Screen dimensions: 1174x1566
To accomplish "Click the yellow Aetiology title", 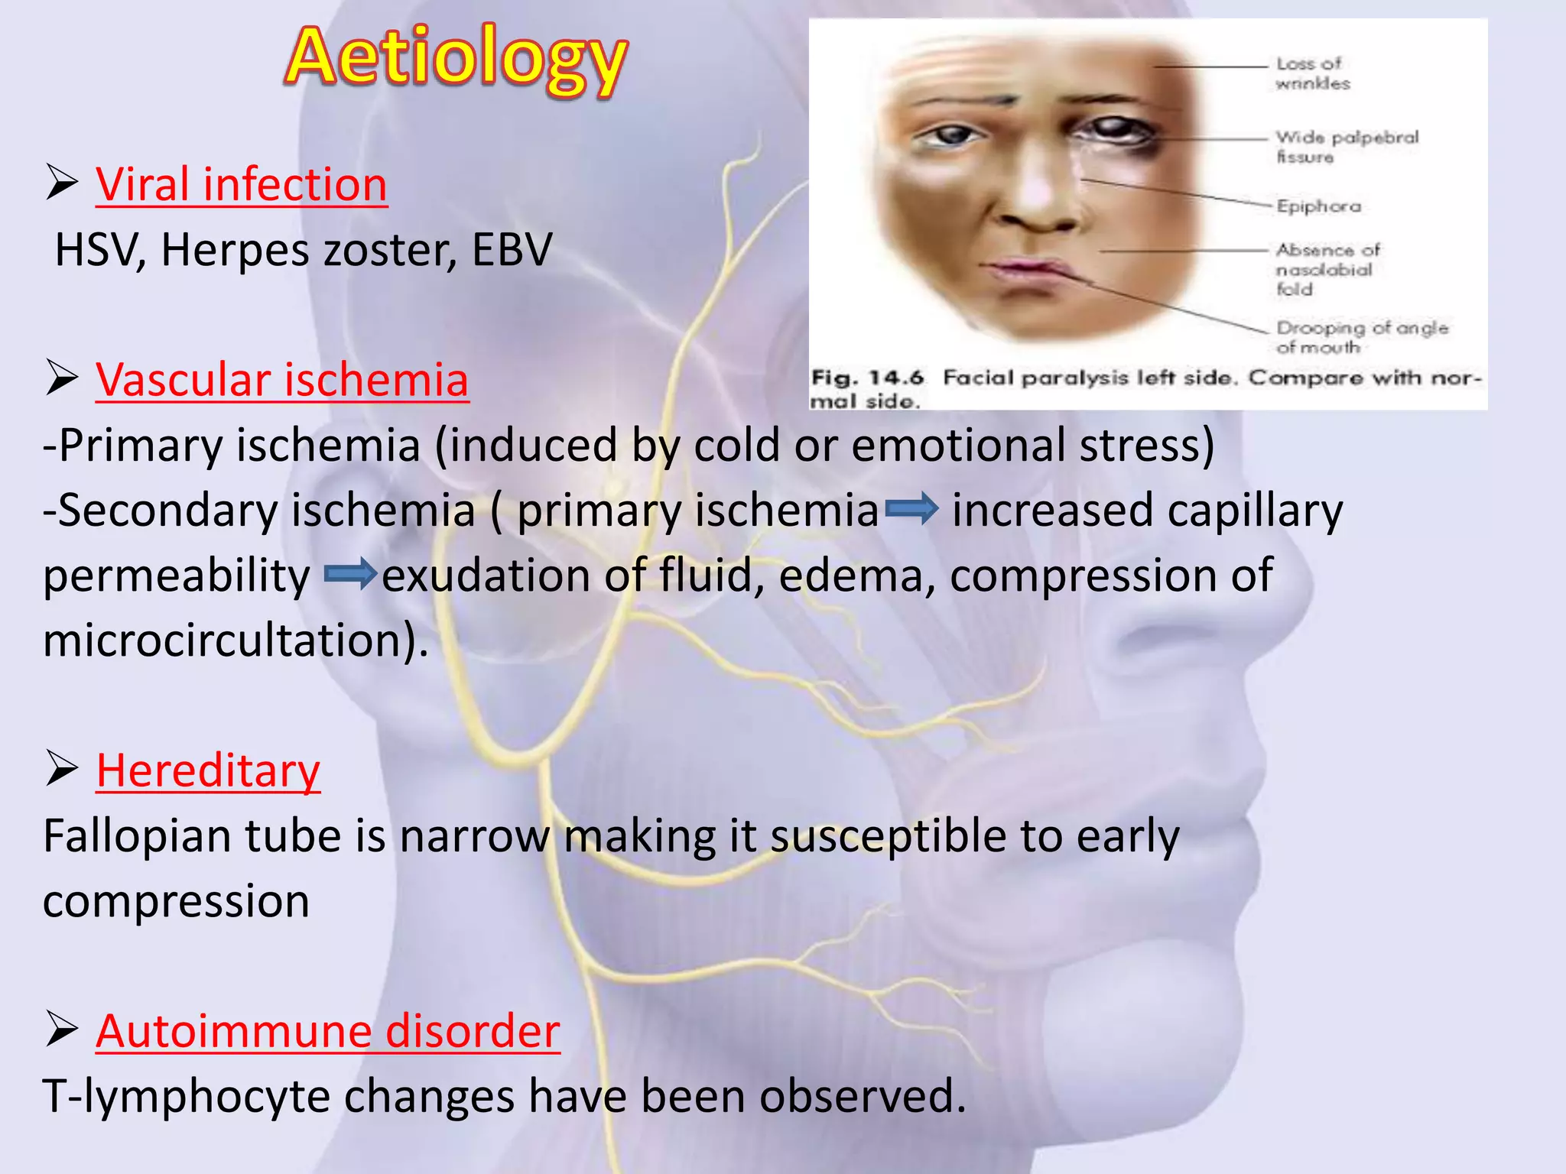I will click(x=456, y=58).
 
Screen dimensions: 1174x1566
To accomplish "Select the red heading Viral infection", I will click(x=241, y=185).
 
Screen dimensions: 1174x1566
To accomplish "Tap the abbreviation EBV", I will click(x=512, y=250).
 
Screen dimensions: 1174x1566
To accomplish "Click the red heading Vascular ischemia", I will click(x=281, y=380).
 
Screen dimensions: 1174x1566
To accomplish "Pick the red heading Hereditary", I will click(x=208, y=770).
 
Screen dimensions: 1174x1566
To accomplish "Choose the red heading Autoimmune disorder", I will click(x=327, y=1031).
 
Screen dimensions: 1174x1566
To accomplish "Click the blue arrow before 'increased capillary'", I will click(x=911, y=509).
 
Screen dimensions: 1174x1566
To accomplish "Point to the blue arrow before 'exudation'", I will click(x=350, y=574).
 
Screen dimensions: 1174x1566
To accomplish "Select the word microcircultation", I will click(x=229, y=641).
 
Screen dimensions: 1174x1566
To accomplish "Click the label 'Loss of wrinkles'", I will click(x=1312, y=73).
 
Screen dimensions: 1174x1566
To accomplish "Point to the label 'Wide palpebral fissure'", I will click(x=1346, y=147).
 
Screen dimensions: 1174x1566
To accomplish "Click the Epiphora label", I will click(x=1318, y=206).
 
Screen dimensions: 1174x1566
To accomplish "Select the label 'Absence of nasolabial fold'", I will click(x=1327, y=269).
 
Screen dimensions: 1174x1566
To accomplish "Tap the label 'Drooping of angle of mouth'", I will click(x=1361, y=337).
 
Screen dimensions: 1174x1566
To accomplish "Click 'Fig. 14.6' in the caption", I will click(x=867, y=378).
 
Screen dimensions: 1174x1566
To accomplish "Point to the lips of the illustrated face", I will click(x=1028, y=272).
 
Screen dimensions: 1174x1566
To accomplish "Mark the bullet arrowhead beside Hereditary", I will click(x=62, y=769).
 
